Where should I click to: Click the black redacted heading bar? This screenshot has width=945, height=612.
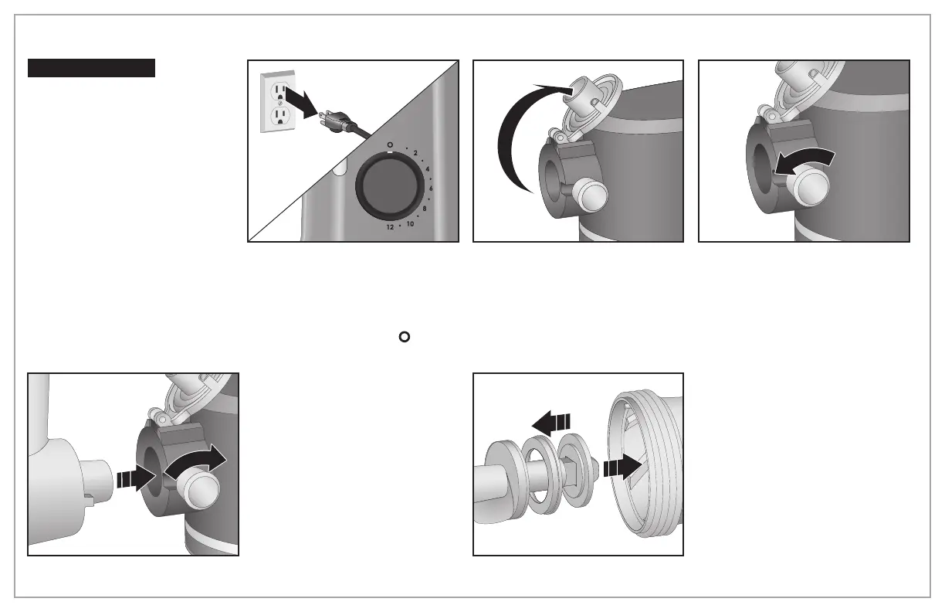pos(91,68)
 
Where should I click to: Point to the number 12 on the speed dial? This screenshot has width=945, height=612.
pos(391,228)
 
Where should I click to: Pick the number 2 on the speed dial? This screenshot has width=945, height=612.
pos(415,153)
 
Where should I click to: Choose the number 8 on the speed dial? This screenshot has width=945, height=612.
pos(425,209)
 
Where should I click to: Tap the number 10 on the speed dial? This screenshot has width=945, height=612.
pos(411,223)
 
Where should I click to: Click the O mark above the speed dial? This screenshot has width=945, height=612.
pos(391,144)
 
